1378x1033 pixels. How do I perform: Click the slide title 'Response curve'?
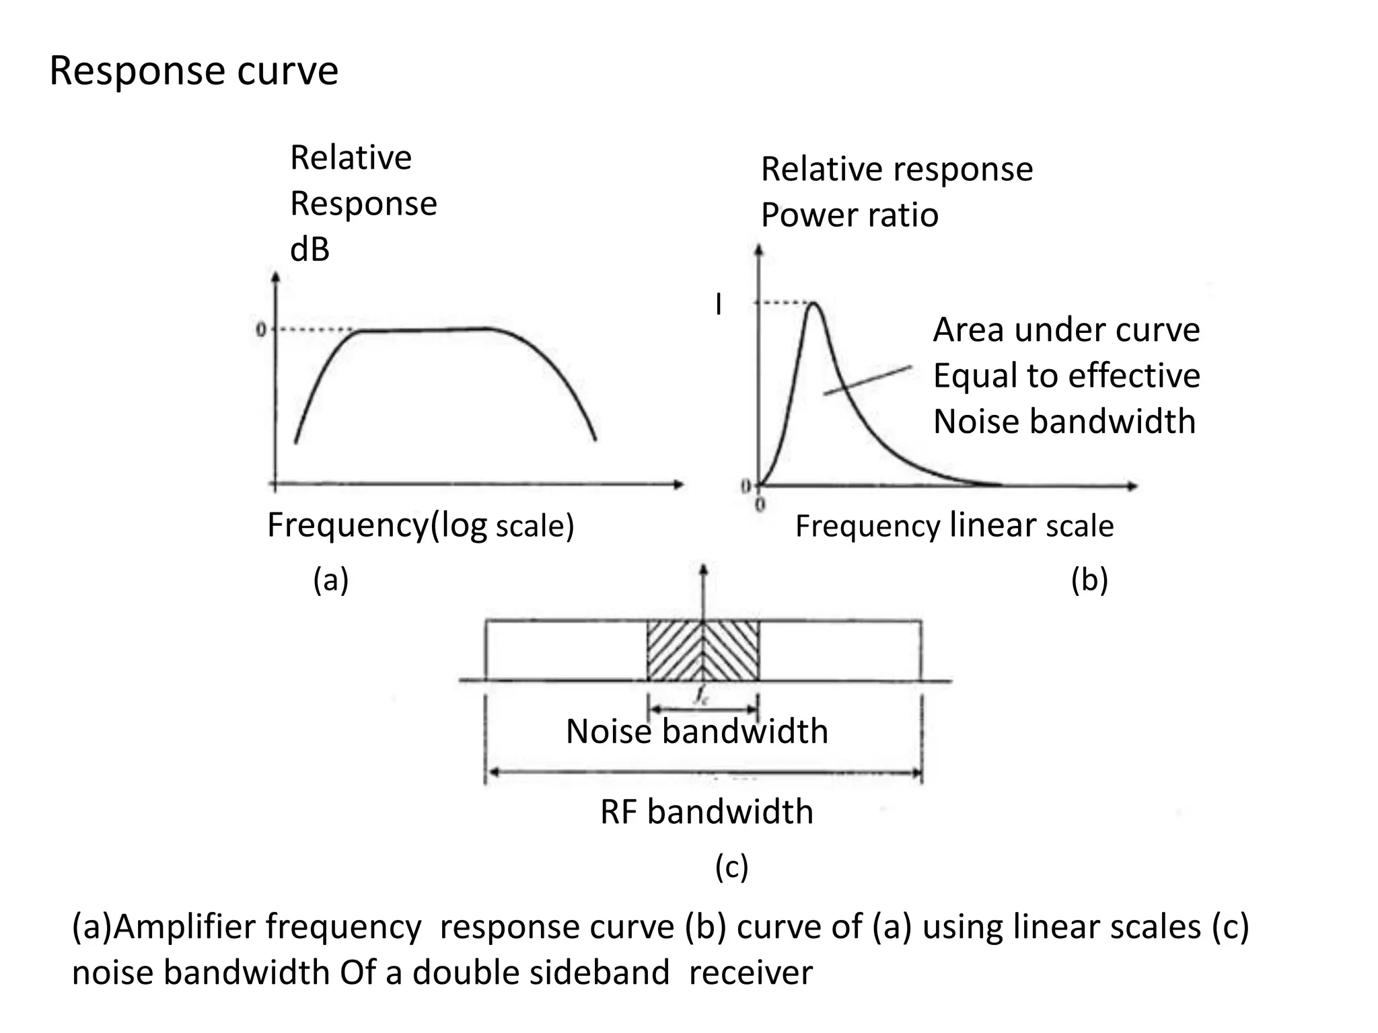(x=194, y=71)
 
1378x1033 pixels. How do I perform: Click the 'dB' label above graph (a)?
(x=310, y=250)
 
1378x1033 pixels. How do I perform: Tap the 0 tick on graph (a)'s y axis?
(x=261, y=330)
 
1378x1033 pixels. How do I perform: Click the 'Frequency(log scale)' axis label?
(x=421, y=525)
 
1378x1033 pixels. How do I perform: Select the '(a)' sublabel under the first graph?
(x=330, y=579)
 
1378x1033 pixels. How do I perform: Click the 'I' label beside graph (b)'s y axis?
(x=719, y=305)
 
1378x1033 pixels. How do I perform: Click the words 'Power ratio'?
(x=849, y=215)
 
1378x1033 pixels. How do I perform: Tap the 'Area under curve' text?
(x=1066, y=330)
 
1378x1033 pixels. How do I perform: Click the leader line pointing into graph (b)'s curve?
(x=868, y=380)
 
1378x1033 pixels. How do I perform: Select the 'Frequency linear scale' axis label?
(x=954, y=525)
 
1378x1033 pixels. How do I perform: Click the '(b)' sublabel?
(x=1089, y=579)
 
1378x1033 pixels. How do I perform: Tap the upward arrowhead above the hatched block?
(x=703, y=569)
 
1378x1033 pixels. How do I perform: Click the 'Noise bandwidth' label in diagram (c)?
(x=696, y=731)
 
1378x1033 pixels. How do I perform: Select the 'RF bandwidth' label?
(x=706, y=812)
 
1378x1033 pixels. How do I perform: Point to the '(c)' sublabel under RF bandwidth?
(x=731, y=867)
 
